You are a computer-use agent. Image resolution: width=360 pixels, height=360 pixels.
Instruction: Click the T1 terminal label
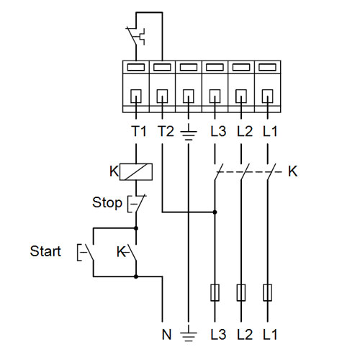coord(139,131)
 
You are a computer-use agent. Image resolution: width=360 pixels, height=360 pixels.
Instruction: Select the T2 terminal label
coord(166,131)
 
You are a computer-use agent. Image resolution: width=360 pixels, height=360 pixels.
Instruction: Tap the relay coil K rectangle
coord(136,171)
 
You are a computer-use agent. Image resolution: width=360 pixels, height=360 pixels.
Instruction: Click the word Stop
coord(107,203)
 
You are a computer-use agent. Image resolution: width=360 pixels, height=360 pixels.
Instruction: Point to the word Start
coord(45,251)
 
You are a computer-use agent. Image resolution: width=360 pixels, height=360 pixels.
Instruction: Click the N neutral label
coord(166,334)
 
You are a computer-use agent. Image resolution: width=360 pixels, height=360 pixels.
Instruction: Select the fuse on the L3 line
coord(215,292)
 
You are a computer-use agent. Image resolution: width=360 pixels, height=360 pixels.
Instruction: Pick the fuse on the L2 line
coord(241,292)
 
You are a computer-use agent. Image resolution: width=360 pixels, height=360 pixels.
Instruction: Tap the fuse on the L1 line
coord(267,292)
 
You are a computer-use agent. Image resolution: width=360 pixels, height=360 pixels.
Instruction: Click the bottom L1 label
coord(270,334)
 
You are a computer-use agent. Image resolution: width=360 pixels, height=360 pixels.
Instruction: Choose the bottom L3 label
coord(218,334)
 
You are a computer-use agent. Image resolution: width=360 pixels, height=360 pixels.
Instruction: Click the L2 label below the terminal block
coord(245,131)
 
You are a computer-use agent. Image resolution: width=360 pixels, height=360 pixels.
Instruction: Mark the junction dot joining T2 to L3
coord(215,212)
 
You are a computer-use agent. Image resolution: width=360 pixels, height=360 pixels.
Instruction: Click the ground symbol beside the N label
coord(189,334)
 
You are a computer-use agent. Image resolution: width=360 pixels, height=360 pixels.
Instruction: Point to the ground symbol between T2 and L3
coord(189,132)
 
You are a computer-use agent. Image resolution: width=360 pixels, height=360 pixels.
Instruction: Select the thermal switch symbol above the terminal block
coord(136,36)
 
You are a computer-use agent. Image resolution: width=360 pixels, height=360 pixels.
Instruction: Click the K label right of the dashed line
coord(293,171)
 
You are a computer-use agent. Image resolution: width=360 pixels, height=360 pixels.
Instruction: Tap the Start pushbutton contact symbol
coord(86,252)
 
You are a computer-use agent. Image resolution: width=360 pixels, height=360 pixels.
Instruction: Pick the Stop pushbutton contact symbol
coord(136,203)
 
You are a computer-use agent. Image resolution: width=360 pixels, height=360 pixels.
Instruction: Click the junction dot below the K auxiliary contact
coord(136,276)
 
